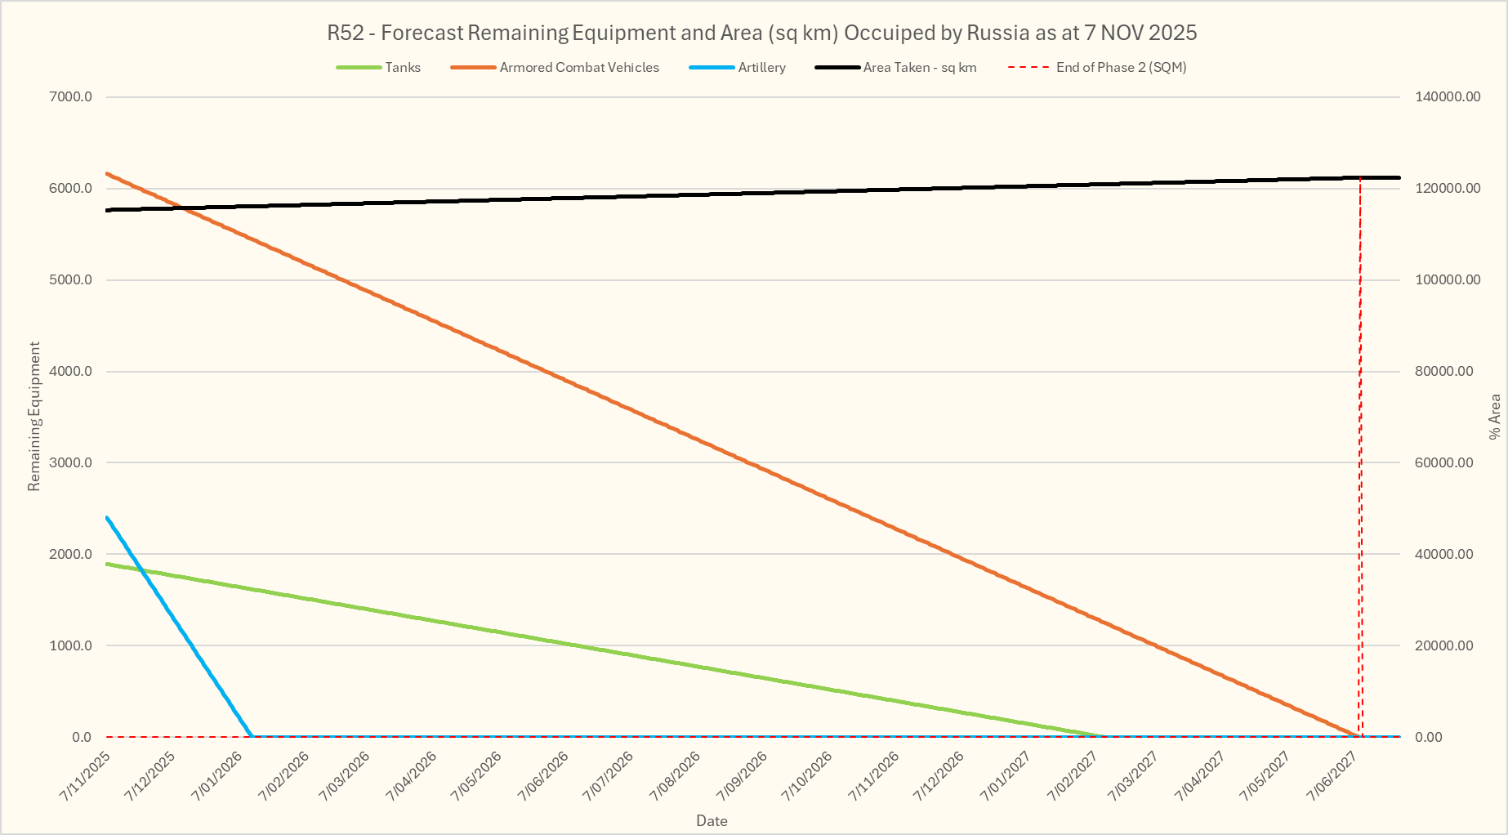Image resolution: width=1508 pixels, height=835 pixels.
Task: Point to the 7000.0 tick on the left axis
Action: pyautogui.click(x=71, y=97)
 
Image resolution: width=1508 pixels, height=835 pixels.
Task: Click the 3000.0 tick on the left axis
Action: pyautogui.click(x=71, y=463)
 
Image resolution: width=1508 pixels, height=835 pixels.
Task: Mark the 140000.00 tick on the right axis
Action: pyautogui.click(x=1448, y=97)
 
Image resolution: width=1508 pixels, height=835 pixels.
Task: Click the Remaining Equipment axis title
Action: pyautogui.click(x=34, y=417)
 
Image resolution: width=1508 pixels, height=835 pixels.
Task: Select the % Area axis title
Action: pyautogui.click(x=1495, y=417)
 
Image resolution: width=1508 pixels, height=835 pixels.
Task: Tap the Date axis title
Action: pyautogui.click(x=712, y=821)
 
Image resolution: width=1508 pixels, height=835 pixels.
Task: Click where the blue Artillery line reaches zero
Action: pyautogui.click(x=252, y=736)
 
